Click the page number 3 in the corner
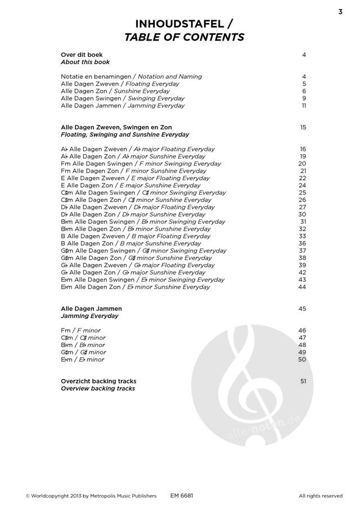click(x=340, y=12)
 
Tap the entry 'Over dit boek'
click(x=82, y=55)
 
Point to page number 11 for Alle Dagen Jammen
click(x=304, y=105)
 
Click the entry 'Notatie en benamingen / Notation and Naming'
click(x=131, y=76)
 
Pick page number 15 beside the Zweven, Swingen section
click(x=303, y=127)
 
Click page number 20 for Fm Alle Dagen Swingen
click(x=302, y=164)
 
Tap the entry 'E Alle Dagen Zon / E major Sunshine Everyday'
click(x=130, y=185)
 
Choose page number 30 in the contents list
click(x=302, y=214)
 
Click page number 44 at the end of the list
click(x=302, y=287)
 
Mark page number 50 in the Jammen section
click(x=302, y=359)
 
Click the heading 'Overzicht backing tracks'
click(x=98, y=381)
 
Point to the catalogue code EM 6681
click(x=182, y=496)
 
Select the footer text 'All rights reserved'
click(x=320, y=496)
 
